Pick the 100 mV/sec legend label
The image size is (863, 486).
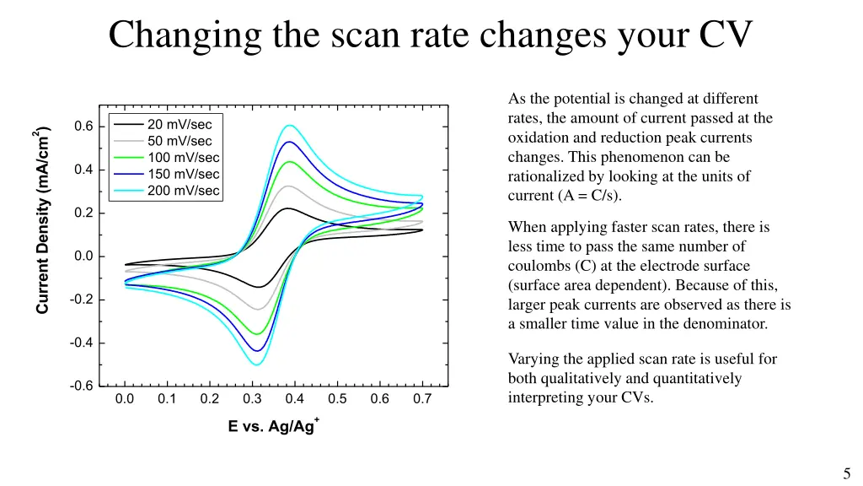click(184, 158)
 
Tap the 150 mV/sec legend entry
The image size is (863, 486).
click(184, 174)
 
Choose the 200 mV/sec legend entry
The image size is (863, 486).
click(184, 191)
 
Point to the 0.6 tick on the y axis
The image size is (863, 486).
click(83, 127)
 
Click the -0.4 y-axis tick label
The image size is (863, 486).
click(82, 343)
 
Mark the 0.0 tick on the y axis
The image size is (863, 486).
click(83, 256)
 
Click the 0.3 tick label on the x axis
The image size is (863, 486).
click(252, 399)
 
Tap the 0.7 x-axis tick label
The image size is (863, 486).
click(422, 399)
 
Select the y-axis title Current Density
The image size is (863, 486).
click(42, 220)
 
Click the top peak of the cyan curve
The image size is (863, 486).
click(289, 126)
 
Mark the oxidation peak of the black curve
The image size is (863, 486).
click(287, 208)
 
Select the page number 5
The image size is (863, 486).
click(846, 473)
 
